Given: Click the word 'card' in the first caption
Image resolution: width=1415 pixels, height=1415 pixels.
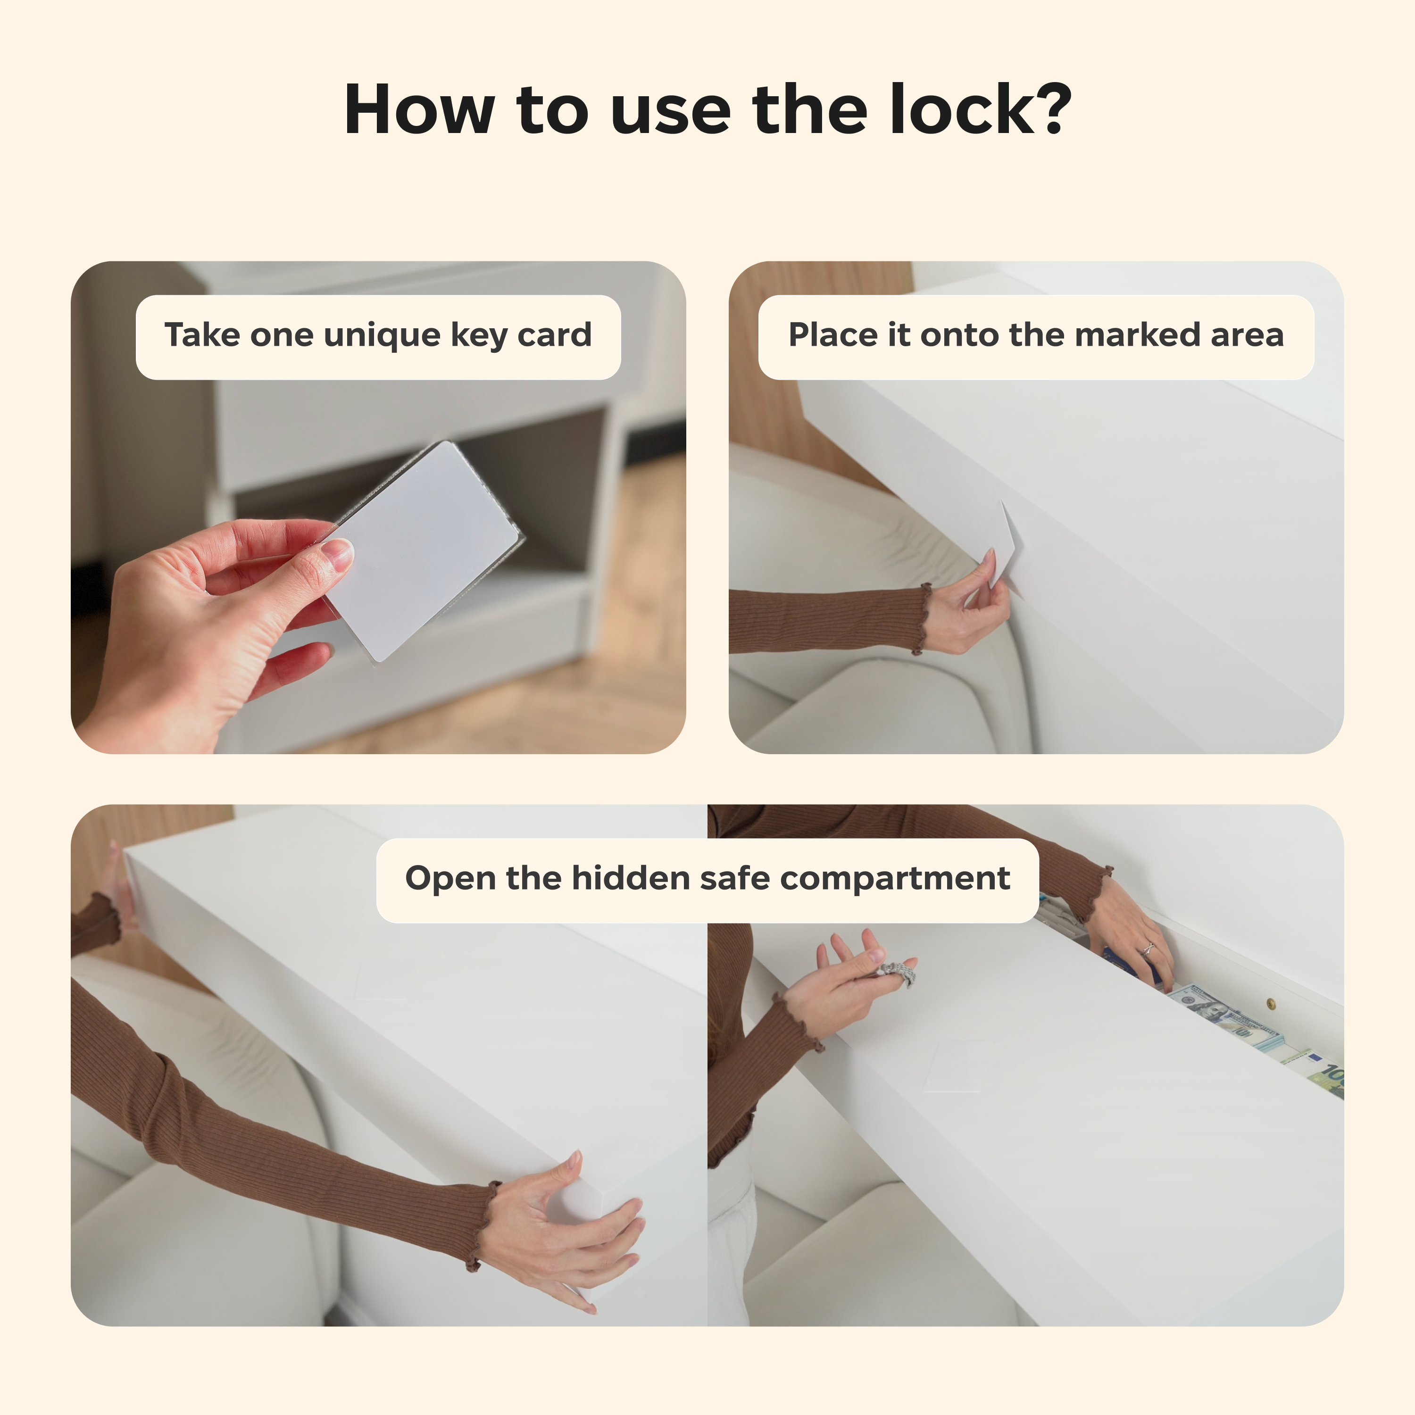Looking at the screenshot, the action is pos(554,335).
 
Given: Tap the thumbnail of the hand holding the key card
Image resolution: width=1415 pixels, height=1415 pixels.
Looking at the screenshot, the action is pos(378,507).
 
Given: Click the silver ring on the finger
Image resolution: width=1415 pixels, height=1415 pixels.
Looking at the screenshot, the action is pos(1148,949).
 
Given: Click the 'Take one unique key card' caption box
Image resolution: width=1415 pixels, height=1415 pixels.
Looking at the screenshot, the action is pos(378,337).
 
